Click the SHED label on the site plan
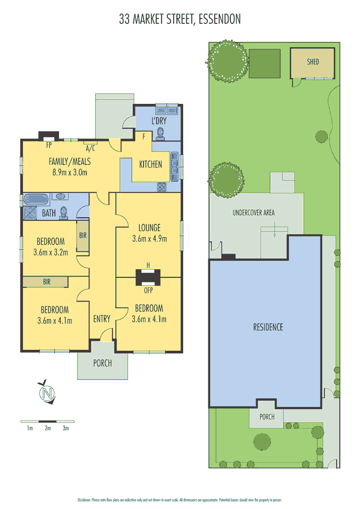313,62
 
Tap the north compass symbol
47,393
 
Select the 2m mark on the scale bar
48,428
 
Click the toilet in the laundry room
160,134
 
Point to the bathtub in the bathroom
36,199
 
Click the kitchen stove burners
162,187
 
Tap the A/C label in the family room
90,148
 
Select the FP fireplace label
49,145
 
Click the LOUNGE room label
149,228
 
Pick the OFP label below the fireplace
148,290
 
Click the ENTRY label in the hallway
102,319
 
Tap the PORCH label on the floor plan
102,363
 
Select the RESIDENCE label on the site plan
268,327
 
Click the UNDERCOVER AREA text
253,213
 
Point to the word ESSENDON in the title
220,19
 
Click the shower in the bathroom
30,213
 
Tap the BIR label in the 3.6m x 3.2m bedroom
83,235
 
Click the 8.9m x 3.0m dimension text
70,172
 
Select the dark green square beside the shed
265,63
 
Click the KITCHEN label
150,164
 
